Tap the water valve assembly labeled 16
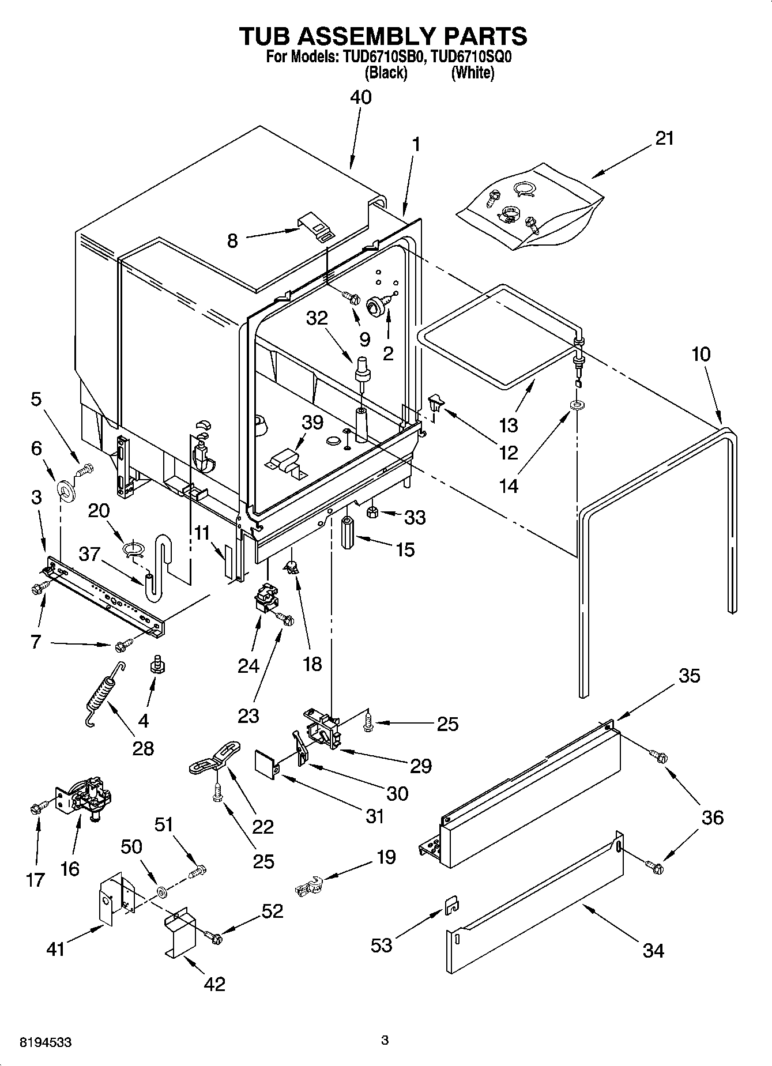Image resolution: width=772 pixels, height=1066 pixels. click(x=86, y=797)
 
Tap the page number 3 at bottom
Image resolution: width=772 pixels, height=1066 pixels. click(x=385, y=1041)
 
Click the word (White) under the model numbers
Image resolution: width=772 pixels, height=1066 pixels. click(x=473, y=73)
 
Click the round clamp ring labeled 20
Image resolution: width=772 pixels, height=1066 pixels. click(x=133, y=548)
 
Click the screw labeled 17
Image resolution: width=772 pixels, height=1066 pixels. click(x=35, y=809)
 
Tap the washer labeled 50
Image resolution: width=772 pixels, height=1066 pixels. click(x=162, y=892)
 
